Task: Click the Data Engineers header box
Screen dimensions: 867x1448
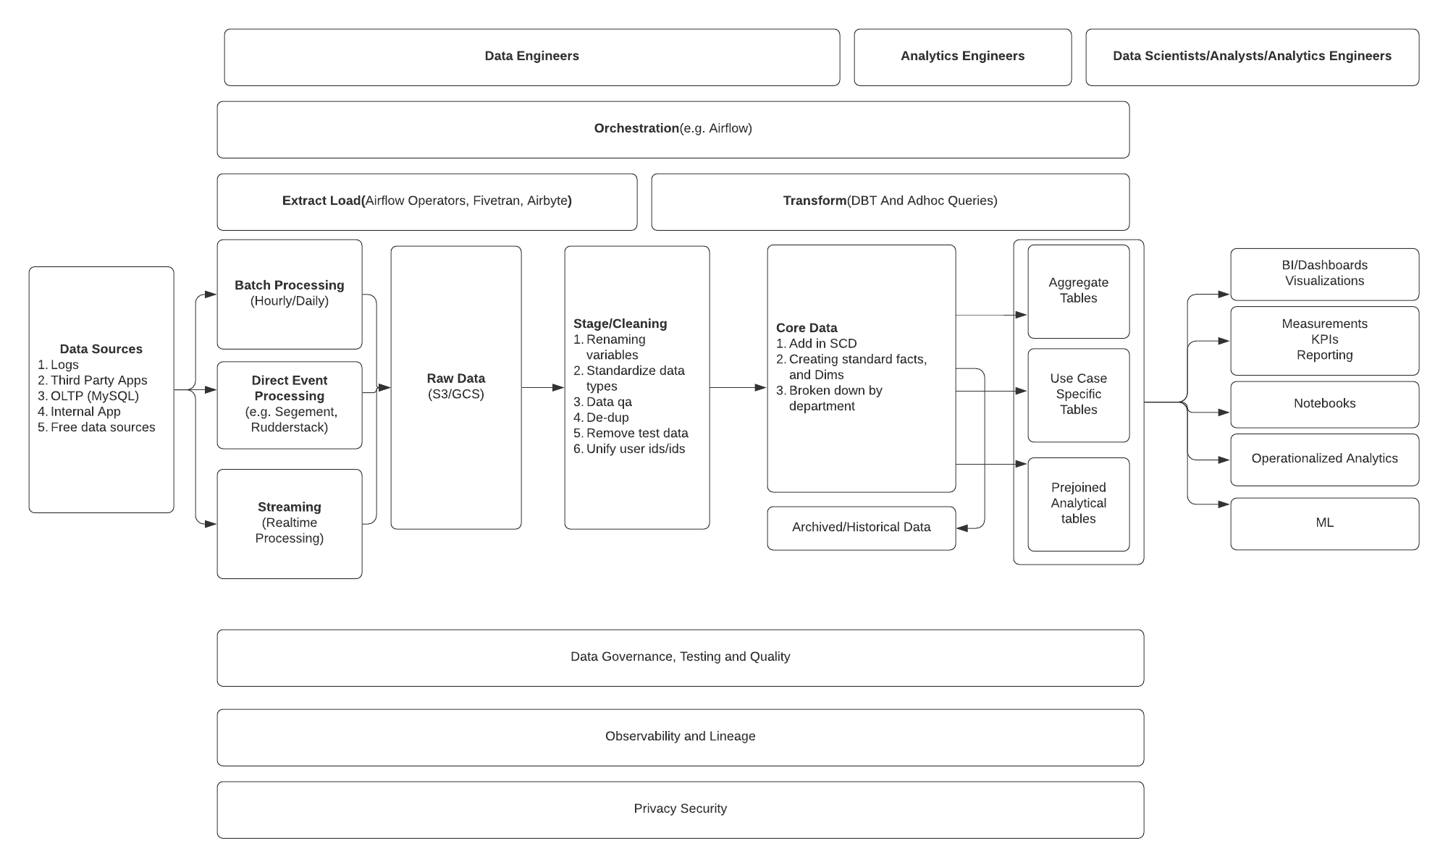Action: coord(531,56)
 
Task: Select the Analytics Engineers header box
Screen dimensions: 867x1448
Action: coord(962,56)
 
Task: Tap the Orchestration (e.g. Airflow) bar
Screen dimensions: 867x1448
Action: coord(673,129)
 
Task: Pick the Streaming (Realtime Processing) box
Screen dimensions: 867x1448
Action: coord(289,523)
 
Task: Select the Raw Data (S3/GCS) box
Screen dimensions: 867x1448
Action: coord(455,386)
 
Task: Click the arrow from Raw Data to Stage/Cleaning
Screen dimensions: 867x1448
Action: coord(542,388)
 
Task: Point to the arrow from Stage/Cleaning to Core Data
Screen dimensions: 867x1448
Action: coord(738,388)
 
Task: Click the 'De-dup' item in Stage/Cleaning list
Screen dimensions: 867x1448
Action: coord(607,418)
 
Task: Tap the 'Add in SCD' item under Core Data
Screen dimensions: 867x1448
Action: coord(822,344)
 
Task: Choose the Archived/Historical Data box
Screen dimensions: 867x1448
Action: coord(861,528)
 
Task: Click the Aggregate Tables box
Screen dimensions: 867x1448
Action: coord(1078,291)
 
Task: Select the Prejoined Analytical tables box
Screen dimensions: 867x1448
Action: coord(1078,503)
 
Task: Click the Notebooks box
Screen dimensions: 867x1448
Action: coord(1324,404)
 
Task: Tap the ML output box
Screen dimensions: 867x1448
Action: coord(1324,523)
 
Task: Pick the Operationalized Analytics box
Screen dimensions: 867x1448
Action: coord(1324,459)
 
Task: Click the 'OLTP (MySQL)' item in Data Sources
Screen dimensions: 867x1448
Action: coord(94,396)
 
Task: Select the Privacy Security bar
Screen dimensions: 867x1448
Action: coord(680,809)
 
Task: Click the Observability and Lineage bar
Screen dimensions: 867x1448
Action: coord(680,737)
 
